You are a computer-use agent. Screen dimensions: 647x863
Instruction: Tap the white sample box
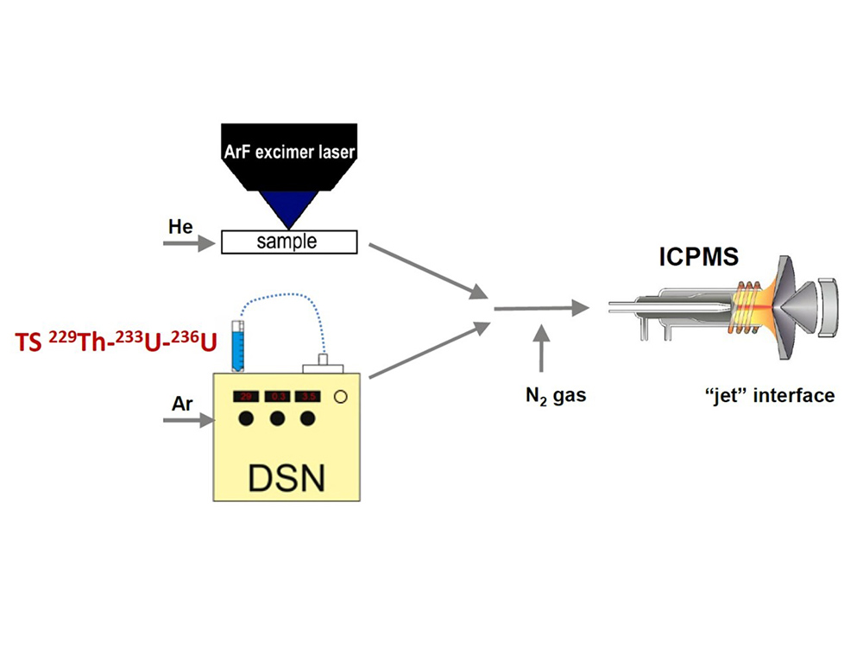[x=289, y=242]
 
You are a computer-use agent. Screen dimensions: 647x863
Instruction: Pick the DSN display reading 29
[x=246, y=397]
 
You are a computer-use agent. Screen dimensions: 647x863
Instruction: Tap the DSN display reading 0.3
[x=278, y=397]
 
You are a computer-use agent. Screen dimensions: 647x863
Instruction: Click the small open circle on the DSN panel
[x=341, y=397]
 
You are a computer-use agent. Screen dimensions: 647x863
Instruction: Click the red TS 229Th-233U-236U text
[x=112, y=343]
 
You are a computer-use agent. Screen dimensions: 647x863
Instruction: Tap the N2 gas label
[x=545, y=395]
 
